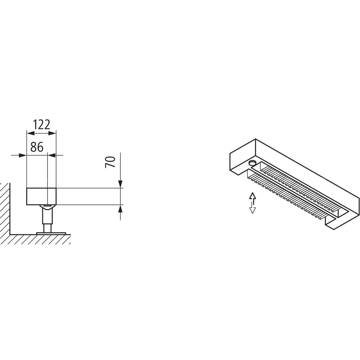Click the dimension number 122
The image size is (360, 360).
click(42, 125)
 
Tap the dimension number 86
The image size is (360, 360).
click(37, 147)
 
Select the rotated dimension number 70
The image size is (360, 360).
click(110, 162)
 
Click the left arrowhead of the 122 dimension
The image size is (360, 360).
click(31, 133)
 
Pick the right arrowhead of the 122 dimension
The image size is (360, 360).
click(52, 133)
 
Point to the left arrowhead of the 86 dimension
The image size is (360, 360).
click(23, 156)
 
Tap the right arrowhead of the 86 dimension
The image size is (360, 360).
click(52, 156)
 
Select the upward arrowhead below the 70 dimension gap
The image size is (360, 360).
click(120, 208)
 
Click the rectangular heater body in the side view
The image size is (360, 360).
click(41, 196)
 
